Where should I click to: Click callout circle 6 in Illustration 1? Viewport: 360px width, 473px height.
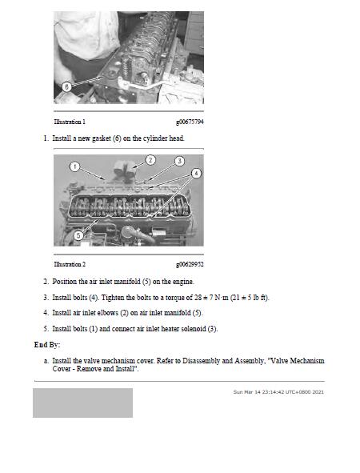pos(66,87)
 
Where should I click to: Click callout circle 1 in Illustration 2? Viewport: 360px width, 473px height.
pos(74,166)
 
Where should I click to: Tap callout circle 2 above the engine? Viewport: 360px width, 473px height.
pos(150,159)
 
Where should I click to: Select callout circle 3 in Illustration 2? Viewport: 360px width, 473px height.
pos(180,161)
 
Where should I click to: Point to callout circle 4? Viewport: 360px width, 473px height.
pos(196,173)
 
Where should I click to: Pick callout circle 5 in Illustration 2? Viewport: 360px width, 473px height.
pos(78,235)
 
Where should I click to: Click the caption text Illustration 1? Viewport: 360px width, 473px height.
pos(70,122)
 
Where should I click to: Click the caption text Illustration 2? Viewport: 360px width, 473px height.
pos(70,264)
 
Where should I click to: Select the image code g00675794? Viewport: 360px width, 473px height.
pos(190,122)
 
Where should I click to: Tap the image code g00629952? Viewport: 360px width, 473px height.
pos(190,264)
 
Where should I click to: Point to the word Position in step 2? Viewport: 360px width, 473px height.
pos(65,282)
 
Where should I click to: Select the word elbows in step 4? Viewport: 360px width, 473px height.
pos(108,312)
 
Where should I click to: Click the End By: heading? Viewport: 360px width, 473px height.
pos(47,344)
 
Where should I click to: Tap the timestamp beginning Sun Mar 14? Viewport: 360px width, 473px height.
pos(278,392)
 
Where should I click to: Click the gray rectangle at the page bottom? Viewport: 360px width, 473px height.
pos(82,403)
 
